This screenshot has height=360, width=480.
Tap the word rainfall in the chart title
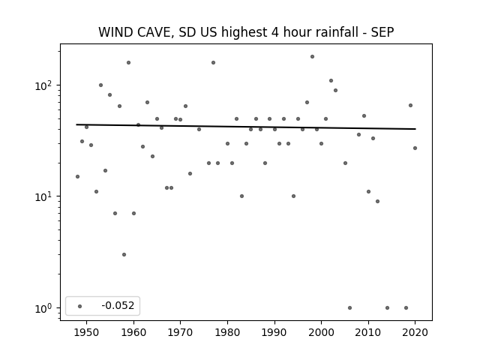tap(337, 32)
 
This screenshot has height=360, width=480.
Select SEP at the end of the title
tap(382, 32)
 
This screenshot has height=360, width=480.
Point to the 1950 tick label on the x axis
tap(87, 332)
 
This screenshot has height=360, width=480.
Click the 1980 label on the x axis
tap(227, 332)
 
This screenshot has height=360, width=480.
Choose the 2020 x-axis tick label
tap(415, 332)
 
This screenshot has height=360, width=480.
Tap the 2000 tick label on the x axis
tap(322, 332)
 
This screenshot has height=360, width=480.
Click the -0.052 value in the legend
tap(118, 305)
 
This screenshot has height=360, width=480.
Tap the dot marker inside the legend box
tap(80, 306)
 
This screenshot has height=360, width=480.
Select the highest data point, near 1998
tap(312, 57)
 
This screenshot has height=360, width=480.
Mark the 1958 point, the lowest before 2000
tap(124, 255)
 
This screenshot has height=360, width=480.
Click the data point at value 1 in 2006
tap(350, 308)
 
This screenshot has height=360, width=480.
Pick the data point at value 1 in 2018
tap(406, 308)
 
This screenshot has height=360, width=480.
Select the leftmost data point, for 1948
tap(77, 177)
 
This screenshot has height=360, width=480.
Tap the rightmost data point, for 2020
tap(415, 148)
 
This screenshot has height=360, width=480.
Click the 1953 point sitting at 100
tap(100, 85)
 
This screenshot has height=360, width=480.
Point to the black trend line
tap(246, 127)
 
